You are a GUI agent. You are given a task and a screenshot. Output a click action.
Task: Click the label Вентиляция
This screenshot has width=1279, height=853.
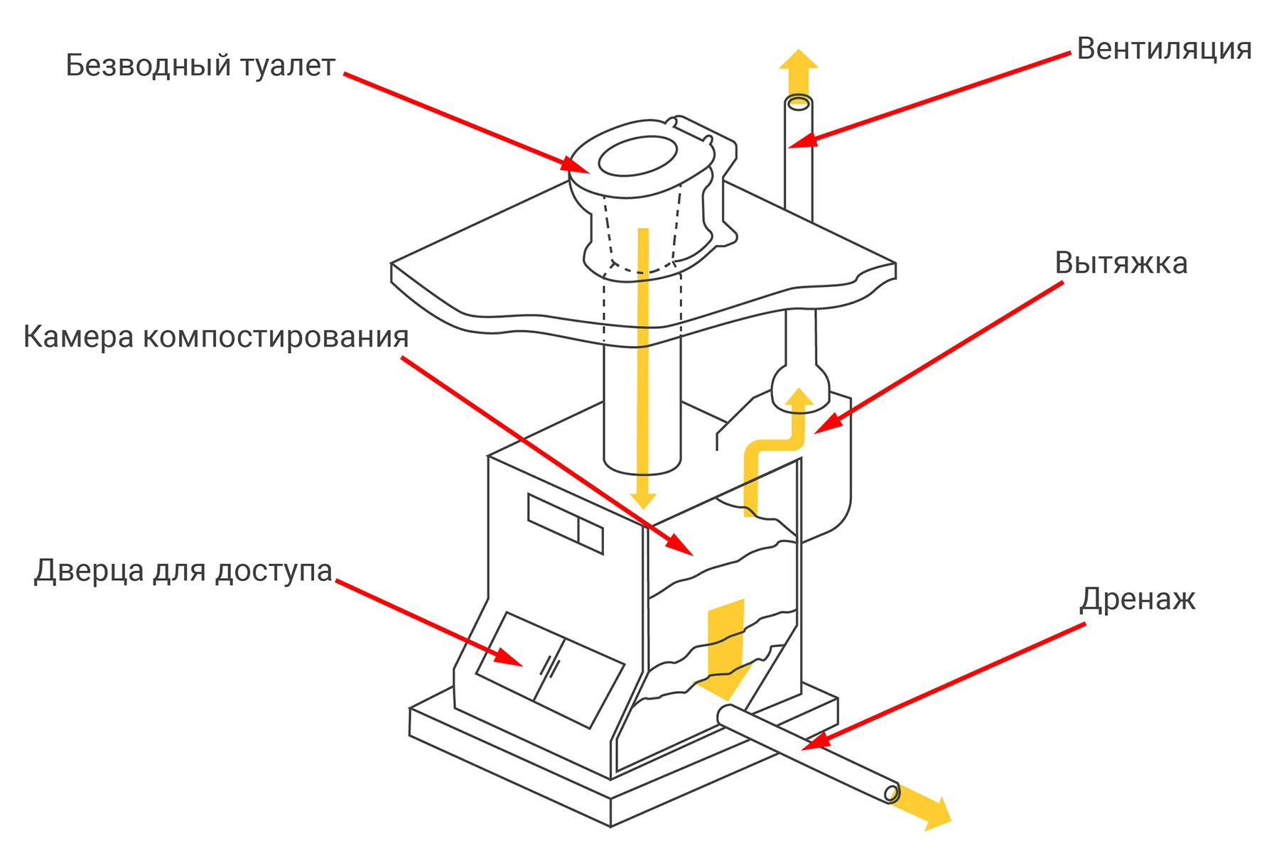point(1164,49)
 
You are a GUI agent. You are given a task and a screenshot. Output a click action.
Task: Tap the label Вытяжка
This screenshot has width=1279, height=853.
point(1121,263)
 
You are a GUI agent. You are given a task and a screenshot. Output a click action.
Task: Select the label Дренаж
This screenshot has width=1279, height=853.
point(1137,599)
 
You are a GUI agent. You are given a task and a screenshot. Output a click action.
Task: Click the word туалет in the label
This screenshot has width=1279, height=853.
point(287,65)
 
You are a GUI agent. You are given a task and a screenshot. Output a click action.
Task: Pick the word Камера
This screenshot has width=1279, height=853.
point(78,337)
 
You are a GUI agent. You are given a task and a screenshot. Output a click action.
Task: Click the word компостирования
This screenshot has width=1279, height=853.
point(276,337)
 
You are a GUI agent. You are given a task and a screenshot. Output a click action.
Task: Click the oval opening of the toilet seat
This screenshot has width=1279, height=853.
point(637,156)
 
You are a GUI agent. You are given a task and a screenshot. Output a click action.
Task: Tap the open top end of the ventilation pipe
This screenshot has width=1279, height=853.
point(799,103)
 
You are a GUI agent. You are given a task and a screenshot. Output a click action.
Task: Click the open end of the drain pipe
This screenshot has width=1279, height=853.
point(891,793)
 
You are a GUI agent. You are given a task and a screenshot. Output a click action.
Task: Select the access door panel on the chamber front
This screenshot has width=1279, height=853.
point(549,669)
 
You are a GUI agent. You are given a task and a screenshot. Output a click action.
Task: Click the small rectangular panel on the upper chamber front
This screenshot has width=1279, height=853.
point(565,523)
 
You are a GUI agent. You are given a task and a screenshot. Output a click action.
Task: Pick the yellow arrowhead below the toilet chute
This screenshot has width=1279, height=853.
point(642,499)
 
